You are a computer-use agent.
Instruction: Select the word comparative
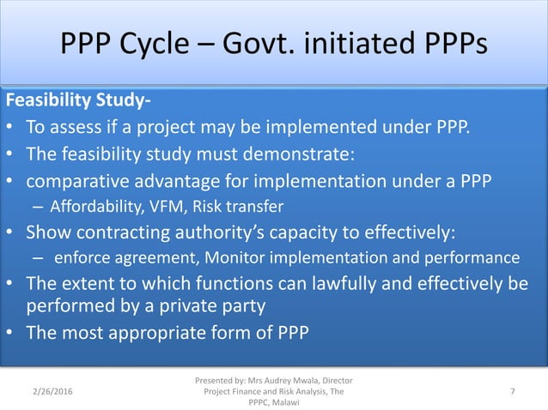point(82,181)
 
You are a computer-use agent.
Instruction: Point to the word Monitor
point(225,257)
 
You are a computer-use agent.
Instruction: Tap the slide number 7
point(512,392)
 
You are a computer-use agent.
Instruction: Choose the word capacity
point(315,232)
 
